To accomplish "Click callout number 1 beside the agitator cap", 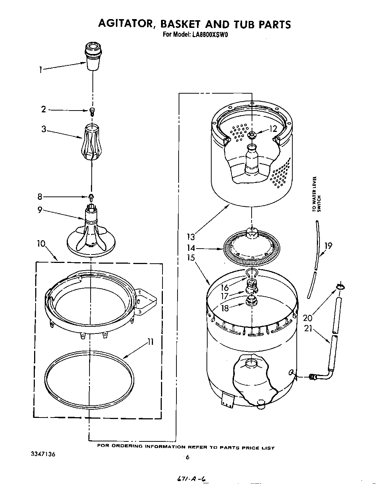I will point(41,69).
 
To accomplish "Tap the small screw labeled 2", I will point(92,111).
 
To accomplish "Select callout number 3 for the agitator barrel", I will point(44,129).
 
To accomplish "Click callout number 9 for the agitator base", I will point(40,210).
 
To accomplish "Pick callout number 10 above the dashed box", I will point(41,243).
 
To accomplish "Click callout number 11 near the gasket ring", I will point(150,342).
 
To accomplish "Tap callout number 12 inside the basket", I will point(273,129).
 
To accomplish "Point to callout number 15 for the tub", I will point(191,257).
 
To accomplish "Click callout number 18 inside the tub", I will point(224,308).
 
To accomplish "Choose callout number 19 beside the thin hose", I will point(328,245).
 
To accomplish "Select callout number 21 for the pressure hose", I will point(308,329).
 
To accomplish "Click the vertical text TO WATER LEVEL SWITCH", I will point(316,195).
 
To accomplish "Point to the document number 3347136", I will point(43,454).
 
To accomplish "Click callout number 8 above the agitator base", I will point(40,197).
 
